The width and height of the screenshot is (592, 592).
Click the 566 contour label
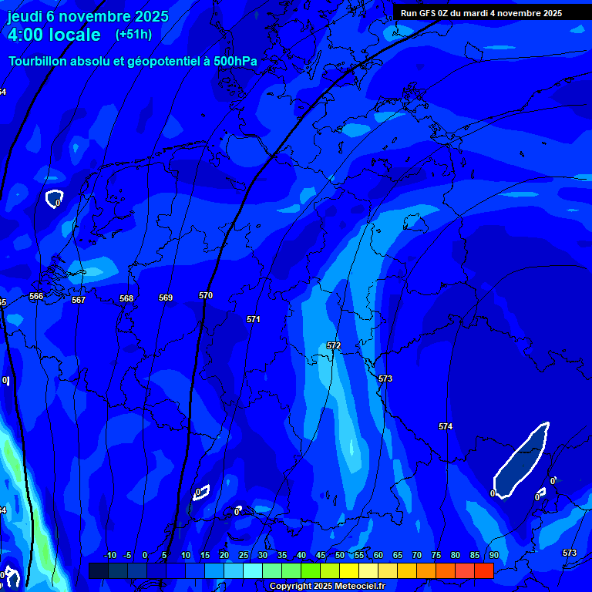point(36,296)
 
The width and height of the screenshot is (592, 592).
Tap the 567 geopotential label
point(79,300)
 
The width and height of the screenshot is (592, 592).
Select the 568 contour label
point(126,298)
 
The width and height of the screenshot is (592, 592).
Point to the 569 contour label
point(166,298)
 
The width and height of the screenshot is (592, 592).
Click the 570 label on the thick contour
point(206,295)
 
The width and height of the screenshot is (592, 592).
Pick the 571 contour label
point(254,319)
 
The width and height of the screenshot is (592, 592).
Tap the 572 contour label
point(334,346)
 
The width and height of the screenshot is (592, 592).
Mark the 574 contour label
point(446,426)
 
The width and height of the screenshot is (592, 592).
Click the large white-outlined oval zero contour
point(522,460)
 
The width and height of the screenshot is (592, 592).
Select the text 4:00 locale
point(54,35)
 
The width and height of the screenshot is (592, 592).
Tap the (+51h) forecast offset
point(133,35)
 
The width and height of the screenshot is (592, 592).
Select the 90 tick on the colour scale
point(493,556)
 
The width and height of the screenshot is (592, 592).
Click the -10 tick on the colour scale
point(109,556)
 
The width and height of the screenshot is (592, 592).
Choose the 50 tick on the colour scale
point(340,556)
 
